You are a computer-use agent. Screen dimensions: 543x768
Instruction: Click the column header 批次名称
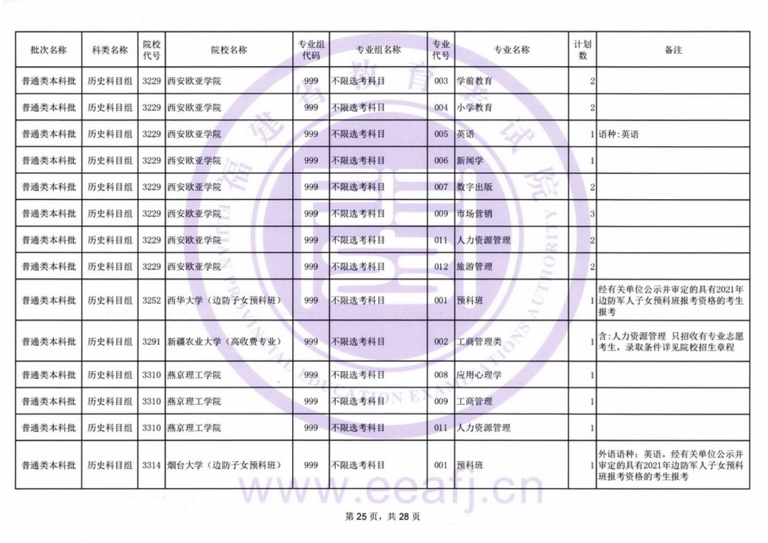pyautogui.click(x=49, y=50)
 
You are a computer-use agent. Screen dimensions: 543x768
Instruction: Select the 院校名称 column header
pyautogui.click(x=229, y=50)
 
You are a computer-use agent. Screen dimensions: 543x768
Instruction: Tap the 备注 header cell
pyautogui.click(x=673, y=50)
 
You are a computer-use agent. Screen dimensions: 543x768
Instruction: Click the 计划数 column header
pyautogui.click(x=583, y=50)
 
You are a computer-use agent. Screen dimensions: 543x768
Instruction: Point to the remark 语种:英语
pyautogui.click(x=618, y=134)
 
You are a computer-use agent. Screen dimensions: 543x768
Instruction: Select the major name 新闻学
pyautogui.click(x=470, y=161)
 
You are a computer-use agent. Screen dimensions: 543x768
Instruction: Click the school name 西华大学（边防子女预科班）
pyautogui.click(x=224, y=300)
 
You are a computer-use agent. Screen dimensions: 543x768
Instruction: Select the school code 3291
pyautogui.click(x=152, y=342)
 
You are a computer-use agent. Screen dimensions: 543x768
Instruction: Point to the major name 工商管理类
pyautogui.click(x=479, y=342)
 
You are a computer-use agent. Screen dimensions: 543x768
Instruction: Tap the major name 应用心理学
pyautogui.click(x=479, y=375)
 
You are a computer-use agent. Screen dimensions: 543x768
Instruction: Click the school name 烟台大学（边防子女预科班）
pyautogui.click(x=224, y=465)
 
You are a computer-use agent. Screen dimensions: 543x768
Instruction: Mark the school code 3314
pyautogui.click(x=152, y=465)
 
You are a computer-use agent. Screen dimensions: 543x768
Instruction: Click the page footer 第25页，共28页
pyautogui.click(x=382, y=516)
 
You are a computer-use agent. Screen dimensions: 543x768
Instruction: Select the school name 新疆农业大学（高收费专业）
pyautogui.click(x=224, y=342)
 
